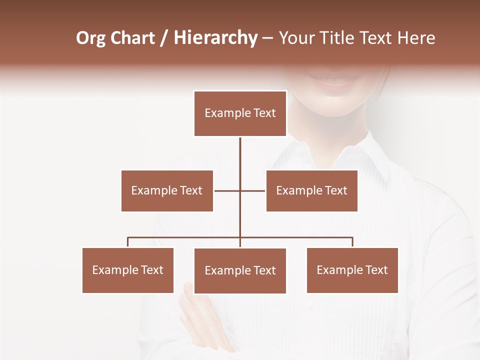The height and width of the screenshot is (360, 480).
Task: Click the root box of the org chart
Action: (240, 113)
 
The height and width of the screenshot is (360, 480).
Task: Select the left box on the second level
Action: (167, 190)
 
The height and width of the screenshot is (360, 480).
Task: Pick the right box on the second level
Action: (311, 190)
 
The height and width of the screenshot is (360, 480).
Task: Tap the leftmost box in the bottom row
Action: (128, 270)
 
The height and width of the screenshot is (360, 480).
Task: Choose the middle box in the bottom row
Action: (240, 270)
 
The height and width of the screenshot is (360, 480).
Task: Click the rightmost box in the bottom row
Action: (352, 270)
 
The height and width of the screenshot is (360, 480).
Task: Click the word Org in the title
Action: (90, 38)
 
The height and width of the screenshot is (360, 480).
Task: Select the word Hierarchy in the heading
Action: (215, 38)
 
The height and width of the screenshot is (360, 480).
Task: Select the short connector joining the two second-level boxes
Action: (227, 190)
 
